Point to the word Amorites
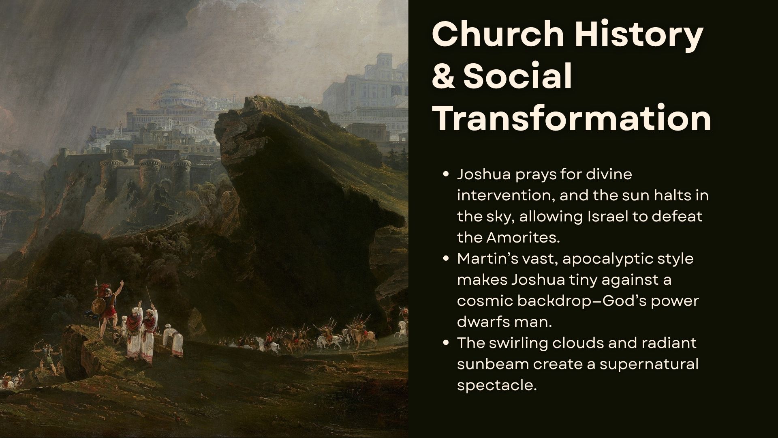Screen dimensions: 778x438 (523, 237)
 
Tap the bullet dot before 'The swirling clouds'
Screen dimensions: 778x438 (446, 343)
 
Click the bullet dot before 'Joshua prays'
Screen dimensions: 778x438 (446, 174)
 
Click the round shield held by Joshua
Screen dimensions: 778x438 (98, 307)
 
